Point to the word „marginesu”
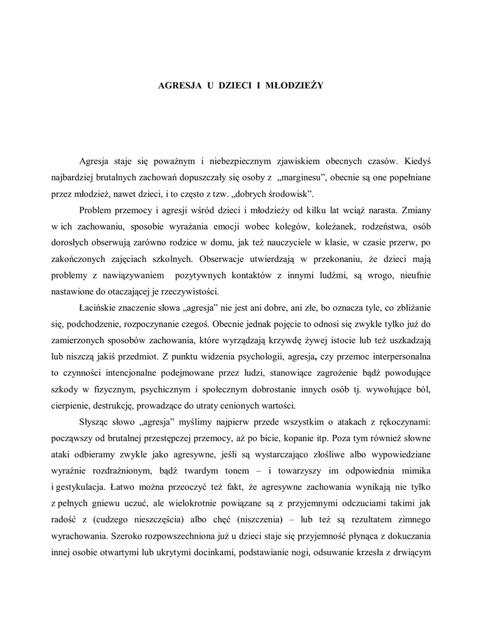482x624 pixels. (x=303, y=177)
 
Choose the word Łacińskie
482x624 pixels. (x=101, y=307)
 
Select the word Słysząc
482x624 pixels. (x=94, y=421)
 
